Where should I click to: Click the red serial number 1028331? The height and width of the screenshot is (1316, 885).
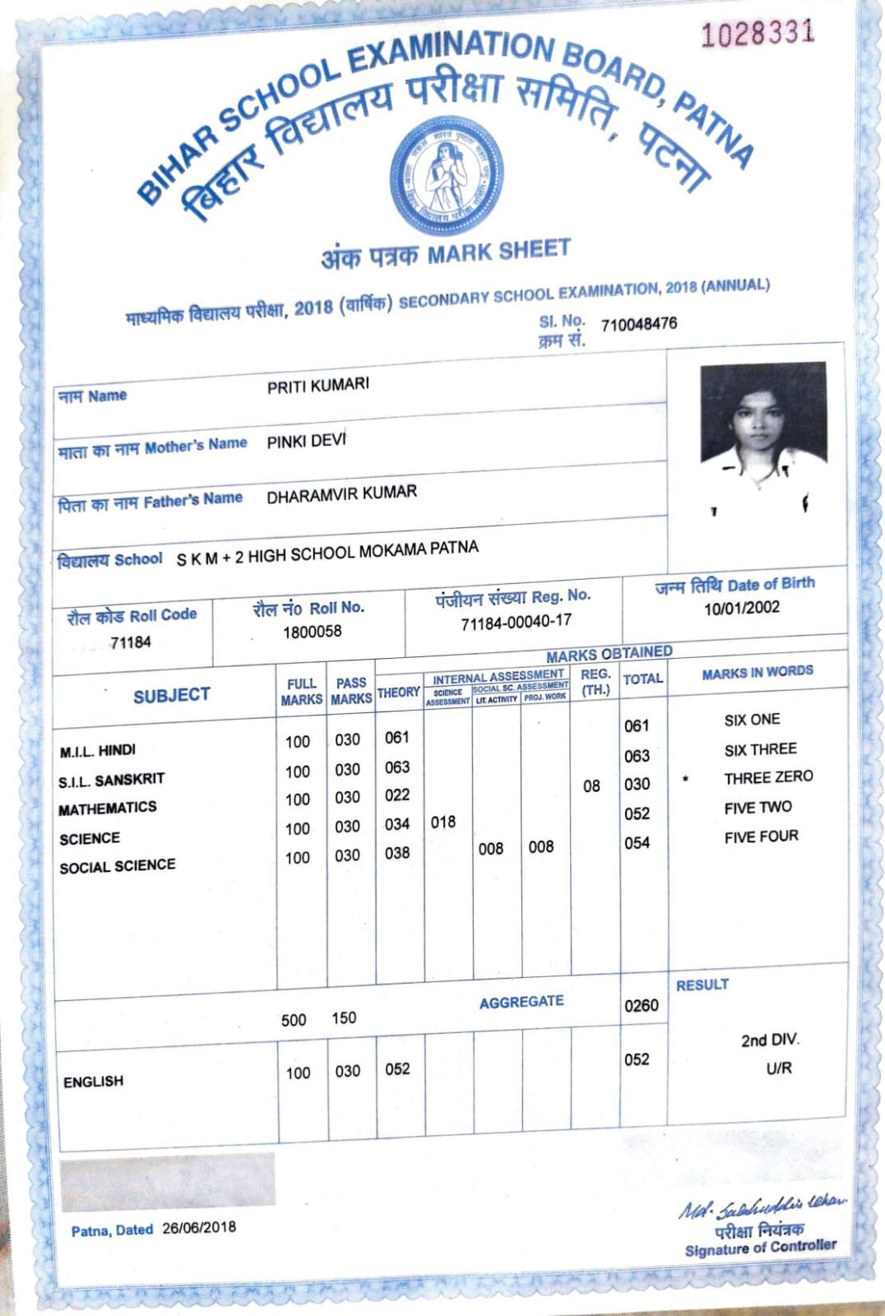758,33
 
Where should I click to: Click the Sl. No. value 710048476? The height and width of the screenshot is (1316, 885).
639,323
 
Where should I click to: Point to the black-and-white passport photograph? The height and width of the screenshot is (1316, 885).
762,436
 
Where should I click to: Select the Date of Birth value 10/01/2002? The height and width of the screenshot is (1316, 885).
741,608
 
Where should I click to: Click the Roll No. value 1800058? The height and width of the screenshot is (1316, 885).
312,632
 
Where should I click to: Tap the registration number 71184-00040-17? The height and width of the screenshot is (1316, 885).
516,622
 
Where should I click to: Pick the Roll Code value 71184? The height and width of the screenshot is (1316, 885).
131,642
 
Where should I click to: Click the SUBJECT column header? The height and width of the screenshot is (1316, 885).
171,695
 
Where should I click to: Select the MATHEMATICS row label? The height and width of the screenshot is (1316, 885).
108,809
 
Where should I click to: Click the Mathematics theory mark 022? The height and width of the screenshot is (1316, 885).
397,795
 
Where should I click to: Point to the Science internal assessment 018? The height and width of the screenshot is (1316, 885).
442,822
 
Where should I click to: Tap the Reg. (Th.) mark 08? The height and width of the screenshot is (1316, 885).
591,785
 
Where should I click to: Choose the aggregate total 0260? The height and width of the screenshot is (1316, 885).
641,1005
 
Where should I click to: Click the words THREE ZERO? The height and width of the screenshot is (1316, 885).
768,777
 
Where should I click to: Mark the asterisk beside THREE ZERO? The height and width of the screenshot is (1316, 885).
685,778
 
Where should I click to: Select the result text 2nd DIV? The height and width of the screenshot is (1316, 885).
770,1040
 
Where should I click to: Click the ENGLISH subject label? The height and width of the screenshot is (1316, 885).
93,1081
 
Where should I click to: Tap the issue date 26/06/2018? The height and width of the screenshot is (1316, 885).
199,1227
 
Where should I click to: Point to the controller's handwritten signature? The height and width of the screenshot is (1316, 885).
761,1207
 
